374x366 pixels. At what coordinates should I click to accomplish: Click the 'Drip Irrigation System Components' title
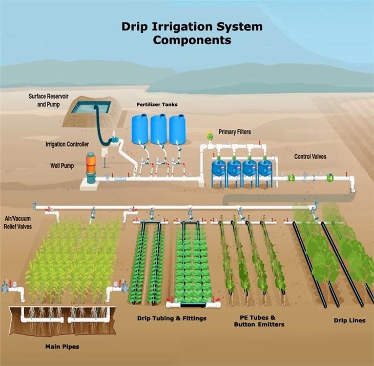pos(192,33)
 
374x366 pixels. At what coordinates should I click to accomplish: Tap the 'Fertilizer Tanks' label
pos(157,105)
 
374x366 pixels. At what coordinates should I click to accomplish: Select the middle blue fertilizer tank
pos(158,129)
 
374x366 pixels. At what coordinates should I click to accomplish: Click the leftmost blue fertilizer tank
pos(140,129)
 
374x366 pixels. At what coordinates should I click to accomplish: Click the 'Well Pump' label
pos(62,166)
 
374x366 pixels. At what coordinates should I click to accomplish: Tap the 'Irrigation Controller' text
pos(67,144)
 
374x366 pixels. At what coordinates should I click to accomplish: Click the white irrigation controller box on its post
pos(105,153)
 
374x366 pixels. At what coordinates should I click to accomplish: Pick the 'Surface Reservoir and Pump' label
pos(49,100)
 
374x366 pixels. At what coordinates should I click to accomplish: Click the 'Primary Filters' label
pos(235,132)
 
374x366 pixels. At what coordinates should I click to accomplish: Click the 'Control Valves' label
pos(310,157)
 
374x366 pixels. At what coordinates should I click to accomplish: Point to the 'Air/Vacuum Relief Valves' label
pos(17,222)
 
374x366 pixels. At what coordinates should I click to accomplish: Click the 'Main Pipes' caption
pos(63,346)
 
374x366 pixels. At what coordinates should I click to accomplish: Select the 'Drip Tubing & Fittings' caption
pos(172,318)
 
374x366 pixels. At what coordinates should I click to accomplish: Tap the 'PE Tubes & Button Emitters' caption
pos(259,321)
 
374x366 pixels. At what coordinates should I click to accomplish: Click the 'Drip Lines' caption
pos(349,321)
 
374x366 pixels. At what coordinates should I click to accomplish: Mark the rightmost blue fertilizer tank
pos(177,129)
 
